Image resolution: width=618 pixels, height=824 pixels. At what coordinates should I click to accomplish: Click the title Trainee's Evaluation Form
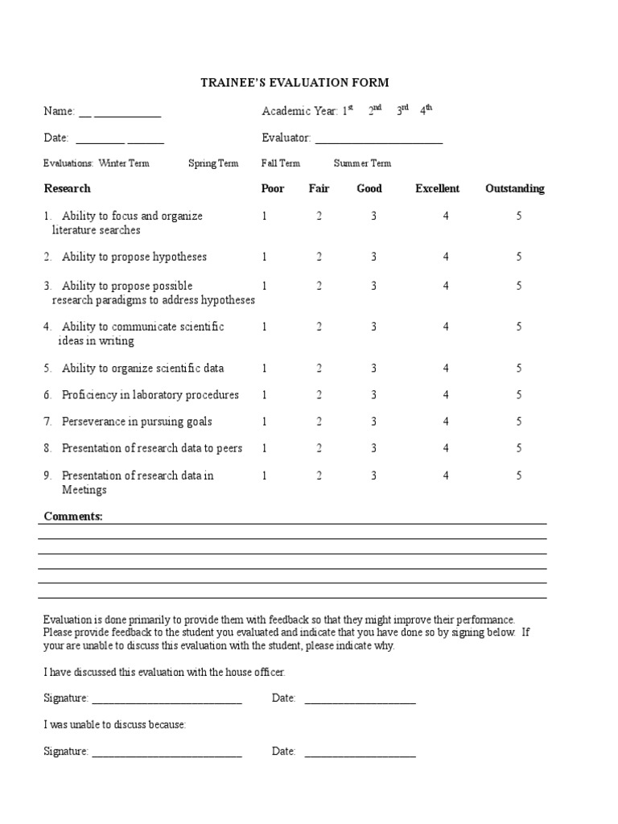click(x=295, y=82)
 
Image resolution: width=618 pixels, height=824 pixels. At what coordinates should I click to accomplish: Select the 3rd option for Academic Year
click(x=402, y=111)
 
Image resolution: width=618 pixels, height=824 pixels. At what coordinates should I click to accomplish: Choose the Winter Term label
click(x=124, y=163)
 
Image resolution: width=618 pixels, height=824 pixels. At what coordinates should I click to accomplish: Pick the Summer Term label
click(x=362, y=163)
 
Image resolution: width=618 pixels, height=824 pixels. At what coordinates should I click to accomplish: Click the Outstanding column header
click(x=514, y=189)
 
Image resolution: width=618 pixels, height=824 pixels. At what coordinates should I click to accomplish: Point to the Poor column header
click(x=273, y=189)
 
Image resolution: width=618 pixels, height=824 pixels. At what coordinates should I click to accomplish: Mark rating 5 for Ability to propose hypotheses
click(x=519, y=257)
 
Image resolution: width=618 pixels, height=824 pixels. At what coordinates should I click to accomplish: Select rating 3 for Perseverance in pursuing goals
click(x=373, y=422)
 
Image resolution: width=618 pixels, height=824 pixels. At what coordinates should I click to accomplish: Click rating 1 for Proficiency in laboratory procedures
click(x=264, y=395)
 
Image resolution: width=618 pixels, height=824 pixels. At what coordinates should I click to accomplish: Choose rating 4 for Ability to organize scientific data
click(x=446, y=369)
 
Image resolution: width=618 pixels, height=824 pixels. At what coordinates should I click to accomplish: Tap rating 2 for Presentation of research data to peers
click(x=319, y=448)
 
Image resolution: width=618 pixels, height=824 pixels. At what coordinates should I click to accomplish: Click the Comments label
click(x=73, y=517)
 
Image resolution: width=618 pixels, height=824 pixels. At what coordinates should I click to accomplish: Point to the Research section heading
click(x=67, y=189)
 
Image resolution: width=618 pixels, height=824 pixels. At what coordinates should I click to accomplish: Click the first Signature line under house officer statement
click(x=167, y=699)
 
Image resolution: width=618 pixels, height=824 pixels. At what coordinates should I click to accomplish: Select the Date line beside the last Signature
click(x=360, y=752)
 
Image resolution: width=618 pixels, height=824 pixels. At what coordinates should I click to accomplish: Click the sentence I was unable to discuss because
click(x=115, y=725)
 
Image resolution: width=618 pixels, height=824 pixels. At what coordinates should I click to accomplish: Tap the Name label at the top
click(x=59, y=112)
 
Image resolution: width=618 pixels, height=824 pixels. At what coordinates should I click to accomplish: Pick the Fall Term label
click(x=281, y=163)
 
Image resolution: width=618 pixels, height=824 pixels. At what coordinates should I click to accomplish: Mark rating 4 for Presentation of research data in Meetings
click(x=446, y=476)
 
